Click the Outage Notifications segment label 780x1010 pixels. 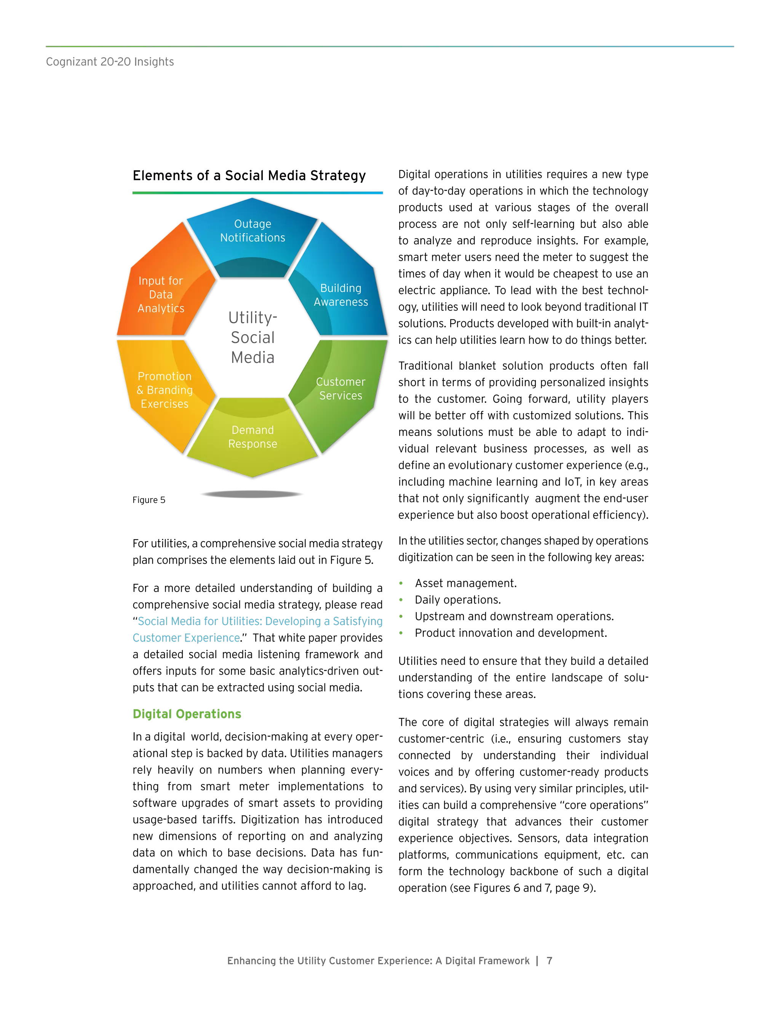point(253,231)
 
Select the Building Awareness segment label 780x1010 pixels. point(341,295)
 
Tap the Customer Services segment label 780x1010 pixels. point(341,389)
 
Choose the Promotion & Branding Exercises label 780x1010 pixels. point(165,390)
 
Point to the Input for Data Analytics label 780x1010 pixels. point(161,295)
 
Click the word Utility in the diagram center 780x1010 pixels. point(252,318)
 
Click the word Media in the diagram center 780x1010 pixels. point(253,358)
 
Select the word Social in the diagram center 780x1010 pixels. point(253,338)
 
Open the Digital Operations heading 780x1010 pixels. point(187,714)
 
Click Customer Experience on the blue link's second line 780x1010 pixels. point(186,638)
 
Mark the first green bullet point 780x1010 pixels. point(401,583)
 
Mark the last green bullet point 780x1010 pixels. point(401,633)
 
